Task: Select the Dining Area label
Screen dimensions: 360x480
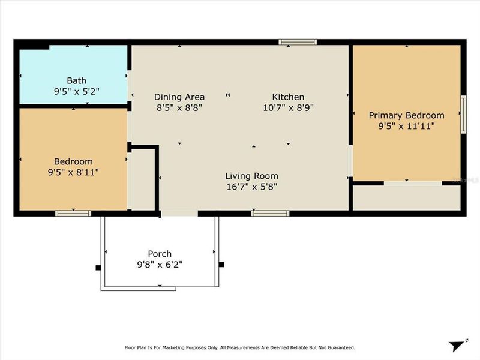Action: click(179, 97)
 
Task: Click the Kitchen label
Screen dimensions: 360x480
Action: click(288, 97)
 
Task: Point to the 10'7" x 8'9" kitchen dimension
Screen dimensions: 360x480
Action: click(288, 107)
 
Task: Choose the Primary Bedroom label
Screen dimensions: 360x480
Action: click(406, 115)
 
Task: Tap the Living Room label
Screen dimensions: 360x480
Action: click(251, 176)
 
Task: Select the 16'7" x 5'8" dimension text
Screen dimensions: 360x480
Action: click(251, 187)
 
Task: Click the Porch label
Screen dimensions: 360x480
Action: click(160, 253)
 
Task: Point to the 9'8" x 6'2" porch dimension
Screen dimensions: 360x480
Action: click(160, 264)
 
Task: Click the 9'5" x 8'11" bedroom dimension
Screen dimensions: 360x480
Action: click(73, 172)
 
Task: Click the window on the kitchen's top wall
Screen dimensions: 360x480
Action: click(298, 42)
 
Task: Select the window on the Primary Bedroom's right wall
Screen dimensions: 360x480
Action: click(463, 114)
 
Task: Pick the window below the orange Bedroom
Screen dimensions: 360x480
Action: click(73, 213)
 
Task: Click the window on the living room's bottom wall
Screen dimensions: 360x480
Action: click(270, 213)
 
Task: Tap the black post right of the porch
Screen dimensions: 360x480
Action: click(221, 264)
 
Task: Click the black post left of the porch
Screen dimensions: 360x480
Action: click(98, 268)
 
